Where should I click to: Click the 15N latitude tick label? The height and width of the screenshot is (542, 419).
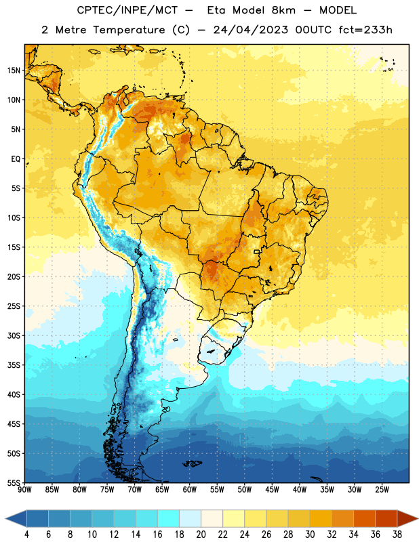(14, 70)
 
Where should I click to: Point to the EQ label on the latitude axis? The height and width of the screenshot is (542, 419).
(16, 159)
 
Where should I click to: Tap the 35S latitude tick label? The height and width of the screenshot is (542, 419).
(14, 365)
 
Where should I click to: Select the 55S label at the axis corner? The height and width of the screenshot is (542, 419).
(14, 482)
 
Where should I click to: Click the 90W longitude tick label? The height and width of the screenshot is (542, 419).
(24, 489)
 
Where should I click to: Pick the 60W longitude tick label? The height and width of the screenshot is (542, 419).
(190, 489)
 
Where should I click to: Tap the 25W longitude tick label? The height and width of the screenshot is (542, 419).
(382, 489)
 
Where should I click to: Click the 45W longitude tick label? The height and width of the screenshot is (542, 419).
(272, 489)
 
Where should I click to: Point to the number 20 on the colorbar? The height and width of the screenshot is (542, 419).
(201, 535)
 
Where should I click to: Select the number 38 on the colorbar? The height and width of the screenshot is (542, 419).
(397, 535)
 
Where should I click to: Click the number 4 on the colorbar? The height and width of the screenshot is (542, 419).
(26, 535)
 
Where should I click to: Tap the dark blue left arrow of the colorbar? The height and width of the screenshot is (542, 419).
(16, 518)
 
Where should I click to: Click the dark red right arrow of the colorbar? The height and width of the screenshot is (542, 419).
(407, 518)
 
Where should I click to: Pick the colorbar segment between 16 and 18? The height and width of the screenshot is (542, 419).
(168, 518)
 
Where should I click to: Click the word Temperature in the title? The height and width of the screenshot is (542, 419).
(129, 30)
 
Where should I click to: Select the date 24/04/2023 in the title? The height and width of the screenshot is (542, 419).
(250, 30)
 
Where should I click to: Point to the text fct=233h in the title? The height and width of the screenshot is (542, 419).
(365, 30)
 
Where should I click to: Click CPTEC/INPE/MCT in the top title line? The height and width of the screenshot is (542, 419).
(127, 10)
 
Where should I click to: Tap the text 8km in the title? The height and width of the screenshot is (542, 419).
(283, 10)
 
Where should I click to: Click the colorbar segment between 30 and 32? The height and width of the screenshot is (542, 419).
(321, 518)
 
